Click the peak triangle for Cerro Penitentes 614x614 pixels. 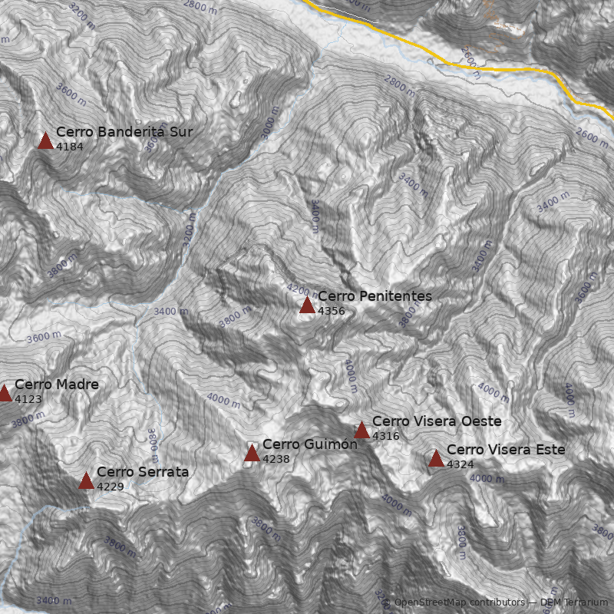point(307,305)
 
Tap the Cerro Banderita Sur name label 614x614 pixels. point(124,132)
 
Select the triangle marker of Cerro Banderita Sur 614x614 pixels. point(45,140)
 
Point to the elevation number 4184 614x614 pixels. point(69,147)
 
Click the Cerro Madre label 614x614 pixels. point(57,385)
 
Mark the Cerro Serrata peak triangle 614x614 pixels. point(86,481)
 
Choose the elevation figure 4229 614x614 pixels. point(110,487)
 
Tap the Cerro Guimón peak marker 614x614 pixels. point(252,454)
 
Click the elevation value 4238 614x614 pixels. point(276,459)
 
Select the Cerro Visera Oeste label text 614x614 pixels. point(437,421)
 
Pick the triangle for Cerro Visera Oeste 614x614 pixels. point(361,431)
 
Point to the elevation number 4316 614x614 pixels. point(386,436)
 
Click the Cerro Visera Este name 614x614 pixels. point(506,450)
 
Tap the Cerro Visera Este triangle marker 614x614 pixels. point(436,459)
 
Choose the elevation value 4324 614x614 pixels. point(460,464)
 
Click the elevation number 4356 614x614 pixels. point(332,311)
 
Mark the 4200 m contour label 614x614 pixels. point(302,290)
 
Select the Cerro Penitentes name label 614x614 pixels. point(375,296)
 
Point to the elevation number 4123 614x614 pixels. point(28,399)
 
